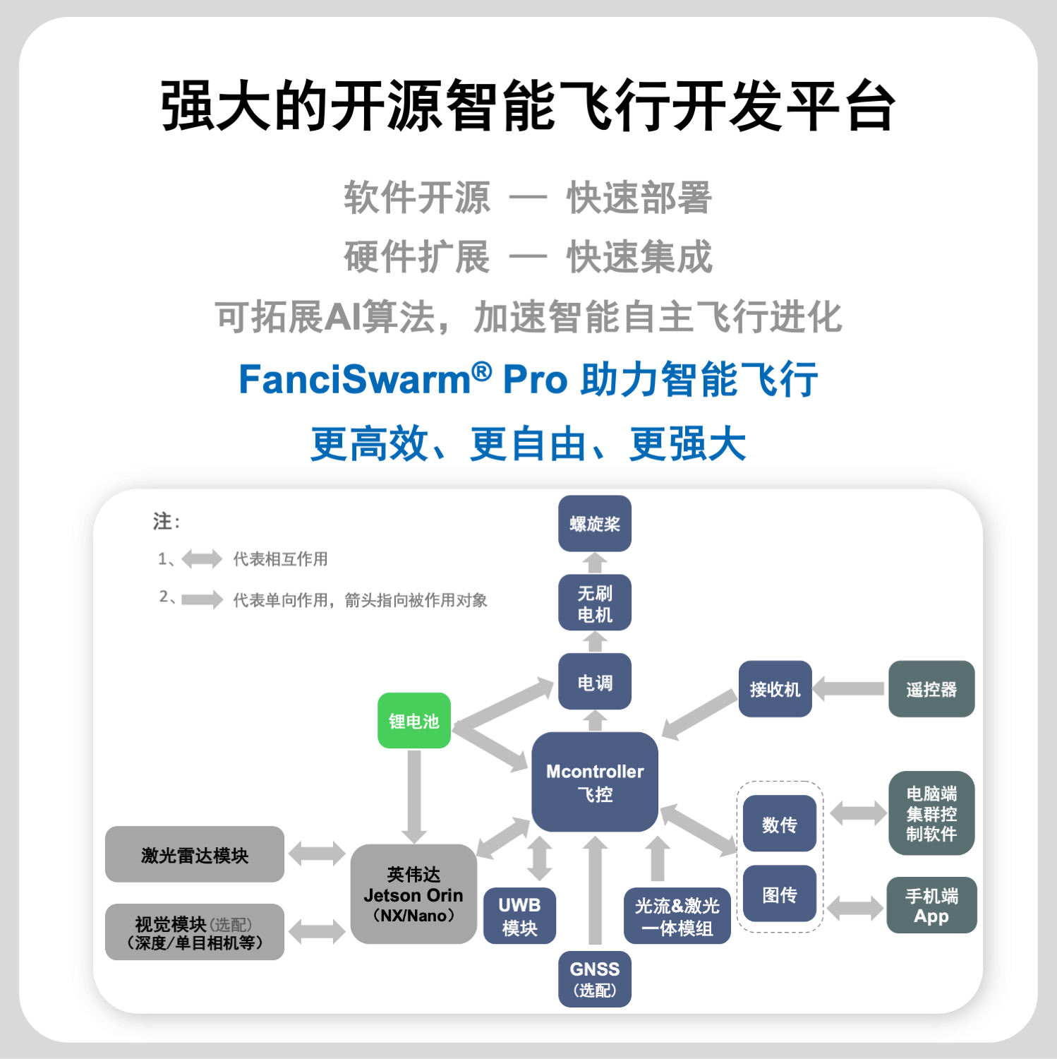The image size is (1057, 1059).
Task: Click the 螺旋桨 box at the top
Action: (594, 524)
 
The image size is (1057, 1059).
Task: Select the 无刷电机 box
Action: (594, 603)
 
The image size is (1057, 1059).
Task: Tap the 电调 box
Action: (594, 682)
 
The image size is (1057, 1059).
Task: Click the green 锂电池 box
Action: (414, 721)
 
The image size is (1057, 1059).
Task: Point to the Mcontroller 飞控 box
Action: (595, 782)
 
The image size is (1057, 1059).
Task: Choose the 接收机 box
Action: (775, 689)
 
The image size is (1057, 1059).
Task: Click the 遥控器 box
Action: (931, 689)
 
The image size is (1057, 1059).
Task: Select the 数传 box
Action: (779, 824)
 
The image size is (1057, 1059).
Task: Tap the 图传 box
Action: (779, 894)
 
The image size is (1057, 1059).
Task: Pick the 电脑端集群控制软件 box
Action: (931, 813)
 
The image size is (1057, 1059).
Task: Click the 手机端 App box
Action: (931, 905)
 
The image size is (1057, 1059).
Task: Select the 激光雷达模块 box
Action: (195, 854)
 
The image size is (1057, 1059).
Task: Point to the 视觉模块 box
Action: (195, 932)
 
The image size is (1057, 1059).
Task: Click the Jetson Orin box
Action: (413, 894)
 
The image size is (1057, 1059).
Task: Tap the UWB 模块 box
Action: (519, 916)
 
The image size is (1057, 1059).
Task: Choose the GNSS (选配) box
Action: (594, 979)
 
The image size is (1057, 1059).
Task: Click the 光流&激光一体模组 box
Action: (677, 916)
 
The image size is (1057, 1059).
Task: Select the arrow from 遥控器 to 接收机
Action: (849, 689)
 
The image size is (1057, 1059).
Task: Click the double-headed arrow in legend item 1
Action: (202, 559)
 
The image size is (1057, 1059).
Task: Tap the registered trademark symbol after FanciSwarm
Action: (482, 371)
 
